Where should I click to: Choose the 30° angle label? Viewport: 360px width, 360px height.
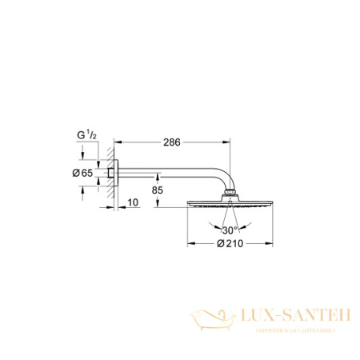tap(231, 228)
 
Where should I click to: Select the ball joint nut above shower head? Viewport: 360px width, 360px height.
tap(231, 194)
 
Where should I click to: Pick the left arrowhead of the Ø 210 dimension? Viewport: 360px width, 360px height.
tap(190, 242)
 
